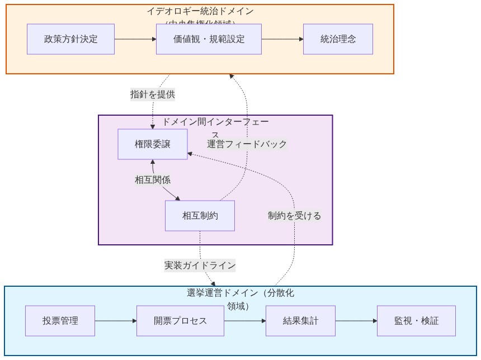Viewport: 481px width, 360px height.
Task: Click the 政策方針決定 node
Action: pos(70,39)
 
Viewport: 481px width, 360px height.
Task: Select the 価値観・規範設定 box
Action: pos(209,39)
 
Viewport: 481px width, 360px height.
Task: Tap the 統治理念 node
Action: pos(338,39)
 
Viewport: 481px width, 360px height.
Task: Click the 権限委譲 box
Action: pos(153,144)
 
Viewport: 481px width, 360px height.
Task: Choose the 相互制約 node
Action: pos(200,216)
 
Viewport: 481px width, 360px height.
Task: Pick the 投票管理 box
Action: pos(60,321)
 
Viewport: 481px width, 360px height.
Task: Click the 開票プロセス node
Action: pos(180,321)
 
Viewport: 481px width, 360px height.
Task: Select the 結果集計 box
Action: pos(300,321)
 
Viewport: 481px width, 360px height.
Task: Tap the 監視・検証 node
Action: pos(416,321)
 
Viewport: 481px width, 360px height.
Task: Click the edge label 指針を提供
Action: pos(153,94)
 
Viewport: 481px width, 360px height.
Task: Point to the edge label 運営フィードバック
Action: pos(247,144)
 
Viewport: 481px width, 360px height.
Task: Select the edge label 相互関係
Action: pos(153,180)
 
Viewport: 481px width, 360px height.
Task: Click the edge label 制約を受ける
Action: pos(294,216)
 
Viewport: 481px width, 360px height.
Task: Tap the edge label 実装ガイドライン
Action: pos(200,266)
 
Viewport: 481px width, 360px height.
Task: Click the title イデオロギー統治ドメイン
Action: pos(200,12)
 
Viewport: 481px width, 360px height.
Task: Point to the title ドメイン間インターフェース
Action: pos(215,122)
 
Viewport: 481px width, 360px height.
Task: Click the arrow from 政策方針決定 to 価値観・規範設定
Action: pos(135,39)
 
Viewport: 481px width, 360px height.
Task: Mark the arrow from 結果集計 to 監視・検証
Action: pos(356,321)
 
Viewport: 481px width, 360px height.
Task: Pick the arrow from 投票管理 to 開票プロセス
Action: pos(116,321)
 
